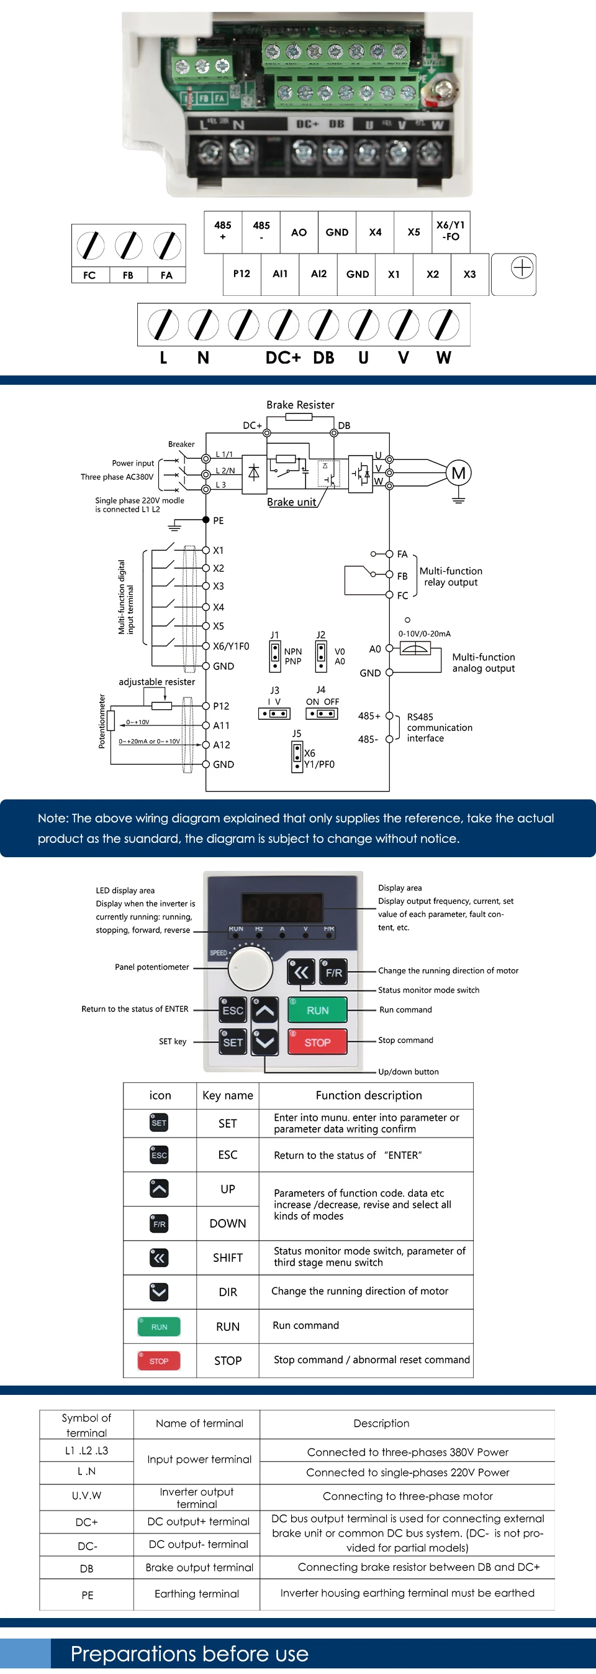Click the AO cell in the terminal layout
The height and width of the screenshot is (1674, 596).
[299, 232]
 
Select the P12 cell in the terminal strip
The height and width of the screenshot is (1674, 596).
[242, 274]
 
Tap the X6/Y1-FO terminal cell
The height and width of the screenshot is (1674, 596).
[450, 231]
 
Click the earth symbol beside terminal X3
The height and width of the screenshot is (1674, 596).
[522, 268]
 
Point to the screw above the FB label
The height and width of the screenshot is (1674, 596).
[129, 246]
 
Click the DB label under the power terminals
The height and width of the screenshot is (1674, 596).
[323, 357]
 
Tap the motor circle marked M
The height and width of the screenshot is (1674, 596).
[458, 473]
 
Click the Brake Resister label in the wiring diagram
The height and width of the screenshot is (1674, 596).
[300, 405]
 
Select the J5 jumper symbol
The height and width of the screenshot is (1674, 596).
[297, 756]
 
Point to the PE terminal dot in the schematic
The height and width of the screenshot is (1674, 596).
[206, 520]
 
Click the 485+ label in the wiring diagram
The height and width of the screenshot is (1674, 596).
[369, 715]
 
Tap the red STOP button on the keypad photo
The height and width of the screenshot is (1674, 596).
[317, 1042]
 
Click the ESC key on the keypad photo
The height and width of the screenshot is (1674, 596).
[233, 1010]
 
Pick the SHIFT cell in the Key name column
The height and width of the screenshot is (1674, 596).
[228, 1258]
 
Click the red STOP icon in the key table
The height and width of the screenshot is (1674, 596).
[158, 1360]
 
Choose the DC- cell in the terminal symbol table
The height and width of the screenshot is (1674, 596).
[86, 1545]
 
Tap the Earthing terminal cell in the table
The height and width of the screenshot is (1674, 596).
[197, 1593]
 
